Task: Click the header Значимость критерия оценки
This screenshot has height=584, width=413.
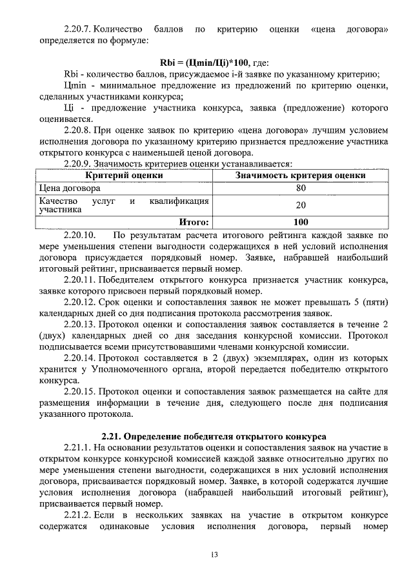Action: click(300, 175)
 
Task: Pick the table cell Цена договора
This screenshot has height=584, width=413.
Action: click(70, 188)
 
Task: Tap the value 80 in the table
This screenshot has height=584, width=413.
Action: click(301, 188)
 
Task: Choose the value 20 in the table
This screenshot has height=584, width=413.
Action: click(301, 205)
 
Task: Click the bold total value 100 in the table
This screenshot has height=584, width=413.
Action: click(301, 222)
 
